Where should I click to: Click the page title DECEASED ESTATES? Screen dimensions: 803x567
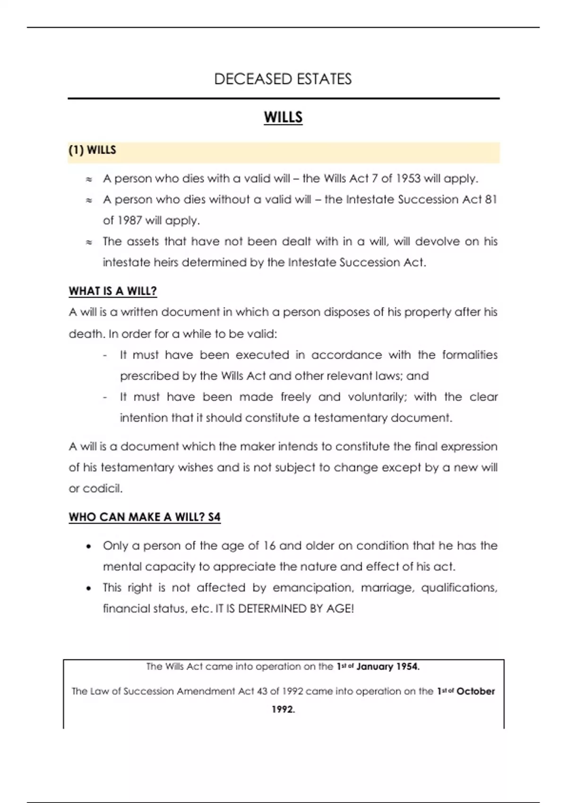(x=283, y=79)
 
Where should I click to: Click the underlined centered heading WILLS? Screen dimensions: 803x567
(x=283, y=117)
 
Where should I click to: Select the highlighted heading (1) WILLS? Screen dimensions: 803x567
(x=92, y=150)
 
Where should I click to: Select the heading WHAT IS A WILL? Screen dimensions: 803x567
(x=112, y=291)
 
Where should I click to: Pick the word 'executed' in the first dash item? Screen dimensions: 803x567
(x=262, y=355)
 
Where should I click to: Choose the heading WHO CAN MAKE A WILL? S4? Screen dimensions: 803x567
(x=145, y=517)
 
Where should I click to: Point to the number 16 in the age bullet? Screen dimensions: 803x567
(x=269, y=546)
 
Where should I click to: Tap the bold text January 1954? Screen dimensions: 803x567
(x=387, y=666)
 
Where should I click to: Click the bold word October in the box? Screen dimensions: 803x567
(x=476, y=691)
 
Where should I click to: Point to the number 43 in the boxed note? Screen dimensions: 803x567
(x=262, y=691)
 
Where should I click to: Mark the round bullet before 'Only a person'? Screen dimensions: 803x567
(x=88, y=547)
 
